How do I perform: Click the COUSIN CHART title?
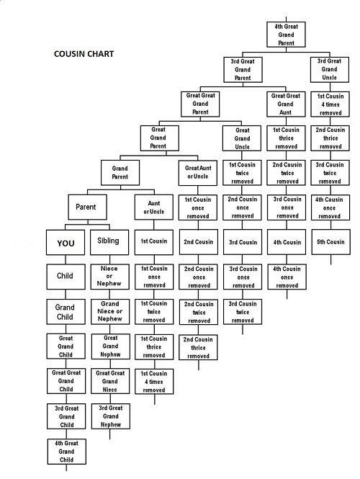[x=84, y=54]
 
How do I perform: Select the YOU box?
[x=66, y=243]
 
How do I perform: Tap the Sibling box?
[x=109, y=243]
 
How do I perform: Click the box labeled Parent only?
[x=87, y=207]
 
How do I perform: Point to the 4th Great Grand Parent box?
[x=286, y=35]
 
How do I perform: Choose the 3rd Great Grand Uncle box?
[x=330, y=70]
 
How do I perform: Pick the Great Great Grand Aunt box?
[x=286, y=104]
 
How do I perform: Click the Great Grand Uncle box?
[x=242, y=138]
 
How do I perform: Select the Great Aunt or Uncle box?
[x=198, y=173]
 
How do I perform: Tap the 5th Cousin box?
[x=331, y=242]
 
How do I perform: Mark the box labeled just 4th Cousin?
[x=287, y=242]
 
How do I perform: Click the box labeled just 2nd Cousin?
[x=199, y=242]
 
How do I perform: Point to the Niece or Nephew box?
[x=110, y=277]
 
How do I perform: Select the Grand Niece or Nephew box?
[x=110, y=312]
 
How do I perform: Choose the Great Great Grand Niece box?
[x=110, y=381]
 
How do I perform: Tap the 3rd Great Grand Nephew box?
[x=111, y=416]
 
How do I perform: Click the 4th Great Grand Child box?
[x=66, y=452]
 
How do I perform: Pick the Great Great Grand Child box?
[x=66, y=381]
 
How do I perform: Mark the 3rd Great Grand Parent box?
[x=243, y=70]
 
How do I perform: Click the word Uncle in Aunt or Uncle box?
[x=157, y=212]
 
